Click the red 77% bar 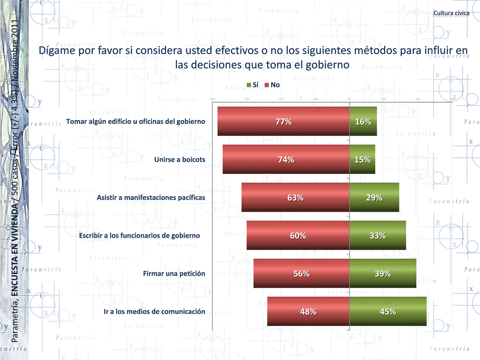click(x=283, y=121)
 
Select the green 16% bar click(x=363, y=121)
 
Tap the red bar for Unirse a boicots click(x=286, y=159)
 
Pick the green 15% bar click(x=362, y=159)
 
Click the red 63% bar click(x=295, y=197)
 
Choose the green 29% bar click(x=374, y=197)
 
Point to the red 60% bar click(x=298, y=235)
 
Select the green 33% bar click(x=378, y=235)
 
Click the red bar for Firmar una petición click(x=301, y=273)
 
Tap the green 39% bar click(x=383, y=273)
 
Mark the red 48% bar click(x=308, y=312)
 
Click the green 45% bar click(x=388, y=312)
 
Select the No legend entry click(x=272, y=85)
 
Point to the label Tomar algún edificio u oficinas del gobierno click(x=135, y=121)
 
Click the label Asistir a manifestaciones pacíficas click(x=151, y=197)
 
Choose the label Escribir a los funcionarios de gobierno click(x=140, y=235)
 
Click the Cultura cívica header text click(x=451, y=13)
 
